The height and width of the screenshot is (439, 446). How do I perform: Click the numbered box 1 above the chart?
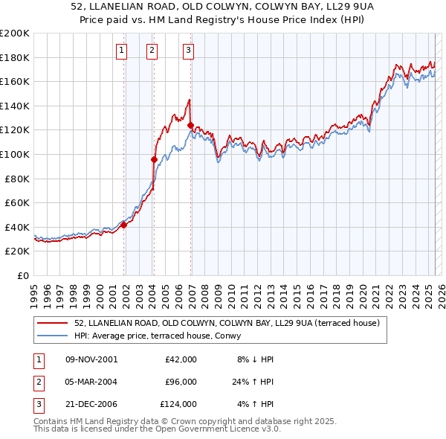pos(121,51)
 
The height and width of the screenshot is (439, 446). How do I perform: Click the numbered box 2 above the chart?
pos(152,51)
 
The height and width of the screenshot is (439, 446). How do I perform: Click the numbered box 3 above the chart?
pos(188,51)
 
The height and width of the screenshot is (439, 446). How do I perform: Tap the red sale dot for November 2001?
pos(124,225)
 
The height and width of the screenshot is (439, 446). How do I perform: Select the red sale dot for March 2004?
pos(154,159)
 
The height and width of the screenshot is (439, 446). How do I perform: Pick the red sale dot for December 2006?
pos(191,125)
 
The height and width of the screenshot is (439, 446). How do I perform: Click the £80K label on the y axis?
pos(17,179)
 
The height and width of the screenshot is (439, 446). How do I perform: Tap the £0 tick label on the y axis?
pos(22,275)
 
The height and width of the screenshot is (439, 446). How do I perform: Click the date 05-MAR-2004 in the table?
pos(91,382)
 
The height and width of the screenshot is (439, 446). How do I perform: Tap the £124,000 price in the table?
pos(178,405)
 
